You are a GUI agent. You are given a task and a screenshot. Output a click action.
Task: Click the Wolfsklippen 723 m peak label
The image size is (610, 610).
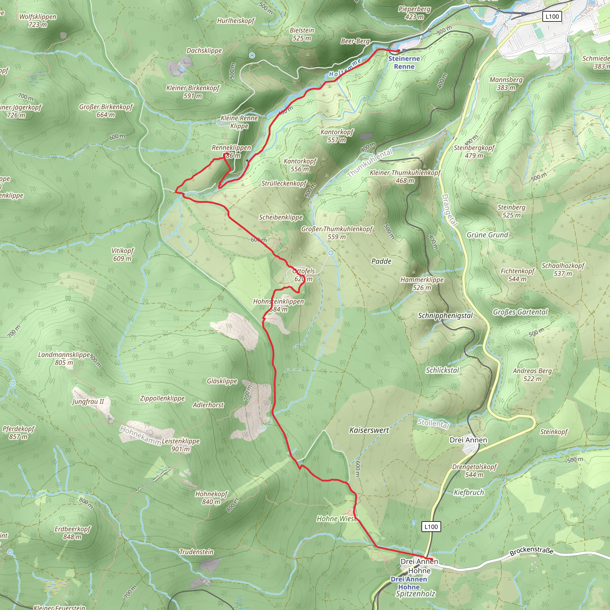coord(38,21)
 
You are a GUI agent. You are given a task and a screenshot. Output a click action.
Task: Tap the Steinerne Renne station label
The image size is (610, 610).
coord(404,63)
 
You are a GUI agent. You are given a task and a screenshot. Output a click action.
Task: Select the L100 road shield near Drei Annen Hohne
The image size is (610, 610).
coord(431,527)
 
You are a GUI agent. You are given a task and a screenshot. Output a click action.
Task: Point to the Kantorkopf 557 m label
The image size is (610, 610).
coord(337,136)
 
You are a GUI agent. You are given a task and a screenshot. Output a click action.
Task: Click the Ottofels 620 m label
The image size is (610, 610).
coord(304,275)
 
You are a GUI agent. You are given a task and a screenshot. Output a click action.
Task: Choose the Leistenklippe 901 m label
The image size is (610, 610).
coord(180,445)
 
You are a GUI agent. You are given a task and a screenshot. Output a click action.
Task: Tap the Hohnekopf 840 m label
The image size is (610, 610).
coord(211,498)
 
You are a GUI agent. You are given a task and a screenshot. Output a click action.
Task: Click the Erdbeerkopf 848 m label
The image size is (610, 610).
coord(72,533)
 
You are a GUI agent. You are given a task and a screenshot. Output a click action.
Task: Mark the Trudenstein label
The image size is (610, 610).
coord(196,552)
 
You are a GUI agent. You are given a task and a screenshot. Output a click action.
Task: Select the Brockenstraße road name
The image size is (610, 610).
coord(531,551)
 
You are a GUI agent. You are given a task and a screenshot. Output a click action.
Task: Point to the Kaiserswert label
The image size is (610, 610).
coord(369,430)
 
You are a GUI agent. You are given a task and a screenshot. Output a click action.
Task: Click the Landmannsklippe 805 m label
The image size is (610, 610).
coord(64,358)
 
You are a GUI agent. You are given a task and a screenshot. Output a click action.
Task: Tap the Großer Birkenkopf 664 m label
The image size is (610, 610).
coord(106,111)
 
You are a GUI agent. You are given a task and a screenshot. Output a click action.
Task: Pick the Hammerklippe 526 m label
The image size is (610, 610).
coord(422,284)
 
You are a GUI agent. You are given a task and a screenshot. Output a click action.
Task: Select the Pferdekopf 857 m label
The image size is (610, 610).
coord(18,432)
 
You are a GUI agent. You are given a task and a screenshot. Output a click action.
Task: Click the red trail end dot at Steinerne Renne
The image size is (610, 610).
coord(399,51)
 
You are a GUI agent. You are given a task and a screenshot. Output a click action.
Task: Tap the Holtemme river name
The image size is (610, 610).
coord(345,68)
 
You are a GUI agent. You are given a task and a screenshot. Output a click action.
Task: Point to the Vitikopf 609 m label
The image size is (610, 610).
coord(122,254)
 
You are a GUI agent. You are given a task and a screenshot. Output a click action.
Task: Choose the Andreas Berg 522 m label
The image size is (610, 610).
coord(532,374)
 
